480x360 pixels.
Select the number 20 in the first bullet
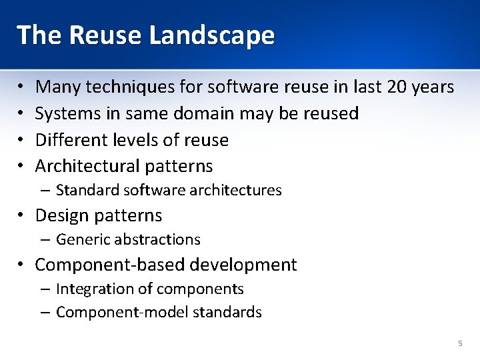coord(399,87)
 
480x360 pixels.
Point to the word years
coord(434,87)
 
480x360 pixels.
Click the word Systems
coord(67,113)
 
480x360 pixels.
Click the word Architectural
coord(87,166)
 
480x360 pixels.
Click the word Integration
coord(90,289)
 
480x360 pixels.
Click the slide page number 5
coord(459,343)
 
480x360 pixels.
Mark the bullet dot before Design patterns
coord(22,216)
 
